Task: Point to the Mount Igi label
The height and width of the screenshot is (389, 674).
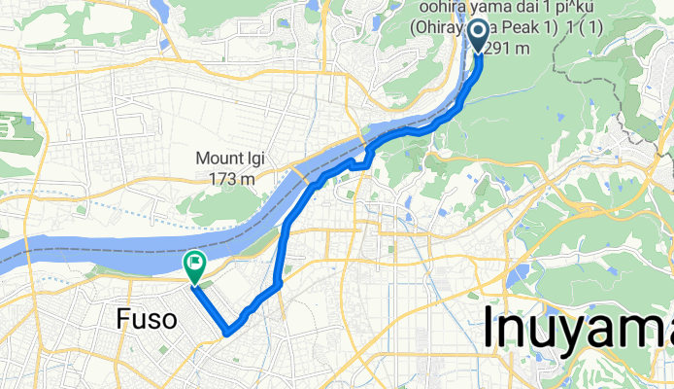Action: coord(231,159)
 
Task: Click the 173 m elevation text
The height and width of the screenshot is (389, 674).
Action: coord(231,179)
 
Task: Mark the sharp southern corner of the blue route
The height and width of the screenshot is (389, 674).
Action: coord(226,333)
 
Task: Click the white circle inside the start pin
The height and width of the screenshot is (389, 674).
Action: coord(479,32)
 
